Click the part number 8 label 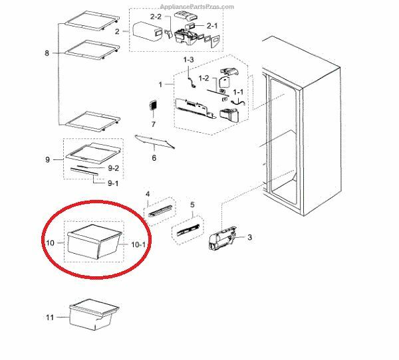tap(47, 53)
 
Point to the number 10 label tap(49, 243)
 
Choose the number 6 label tap(154, 158)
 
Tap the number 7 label tap(152, 124)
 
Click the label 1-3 tap(188, 60)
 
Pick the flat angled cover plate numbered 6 tap(154, 141)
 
